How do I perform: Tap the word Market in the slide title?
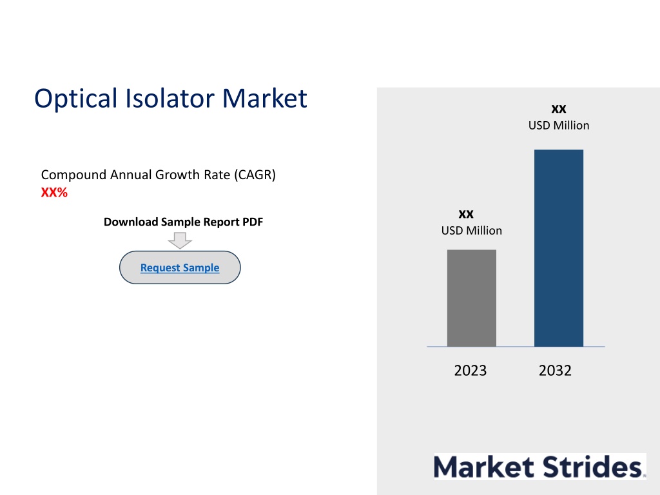point(265,99)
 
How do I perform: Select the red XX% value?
point(54,192)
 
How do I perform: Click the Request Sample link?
point(180,267)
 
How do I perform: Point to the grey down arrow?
point(180,240)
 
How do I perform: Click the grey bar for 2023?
point(471,298)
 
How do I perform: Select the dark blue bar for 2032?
point(559,248)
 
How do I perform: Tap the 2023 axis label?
point(470,371)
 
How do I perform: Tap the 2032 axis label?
point(555,371)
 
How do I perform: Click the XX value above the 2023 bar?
point(466,214)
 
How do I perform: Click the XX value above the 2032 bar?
point(559,109)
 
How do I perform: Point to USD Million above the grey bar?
point(471,231)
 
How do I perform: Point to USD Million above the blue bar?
point(559,126)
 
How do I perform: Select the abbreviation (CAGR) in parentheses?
point(255,175)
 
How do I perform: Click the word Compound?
point(73,175)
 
